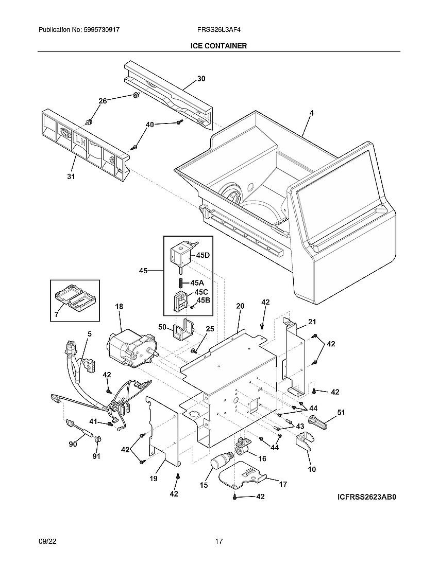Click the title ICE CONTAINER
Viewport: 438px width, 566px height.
pyautogui.click(x=218, y=46)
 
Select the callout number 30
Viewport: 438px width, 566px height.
pyautogui.click(x=201, y=79)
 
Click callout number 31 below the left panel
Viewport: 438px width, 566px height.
pyautogui.click(x=71, y=176)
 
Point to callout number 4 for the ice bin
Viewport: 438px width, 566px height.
pyautogui.click(x=311, y=113)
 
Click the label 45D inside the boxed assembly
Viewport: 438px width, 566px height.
pyautogui.click(x=203, y=255)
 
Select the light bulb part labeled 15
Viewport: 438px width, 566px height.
pyautogui.click(x=222, y=461)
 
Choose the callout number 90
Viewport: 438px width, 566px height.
pyautogui.click(x=73, y=444)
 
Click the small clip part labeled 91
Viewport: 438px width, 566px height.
pyautogui.click(x=99, y=440)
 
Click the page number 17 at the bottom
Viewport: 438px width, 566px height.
pyautogui.click(x=219, y=541)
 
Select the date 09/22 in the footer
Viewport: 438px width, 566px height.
pyautogui.click(x=47, y=541)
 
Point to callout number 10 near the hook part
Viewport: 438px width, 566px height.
pyautogui.click(x=312, y=469)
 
